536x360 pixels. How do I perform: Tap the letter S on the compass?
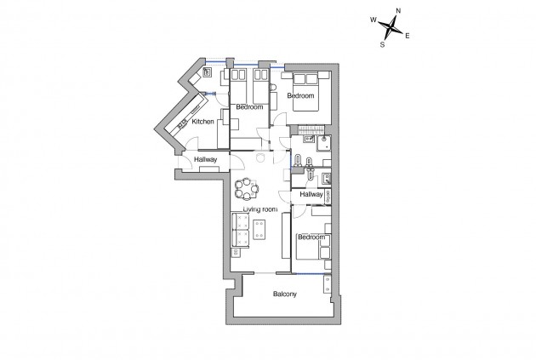(x=383, y=45)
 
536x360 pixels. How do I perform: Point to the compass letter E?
(x=408, y=36)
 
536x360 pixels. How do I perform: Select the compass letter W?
(x=373, y=19)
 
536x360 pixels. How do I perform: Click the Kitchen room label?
(x=203, y=123)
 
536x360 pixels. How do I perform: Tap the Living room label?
(x=260, y=209)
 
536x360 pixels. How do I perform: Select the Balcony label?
(x=285, y=295)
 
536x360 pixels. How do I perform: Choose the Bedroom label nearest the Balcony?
(x=311, y=237)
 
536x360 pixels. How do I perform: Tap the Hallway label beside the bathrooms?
(x=312, y=195)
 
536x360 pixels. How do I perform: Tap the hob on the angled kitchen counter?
(x=185, y=124)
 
